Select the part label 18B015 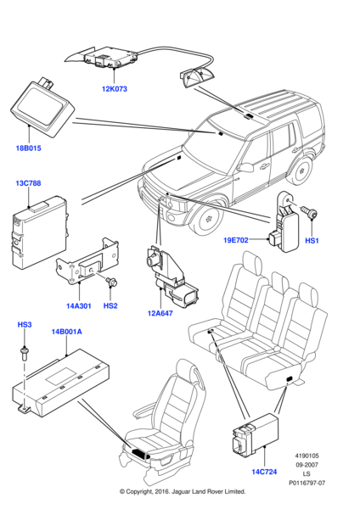tap(27, 149)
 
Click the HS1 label tap(311, 240)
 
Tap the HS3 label tap(25, 325)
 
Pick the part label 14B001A tap(66, 333)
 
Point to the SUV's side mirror tap(246, 167)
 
